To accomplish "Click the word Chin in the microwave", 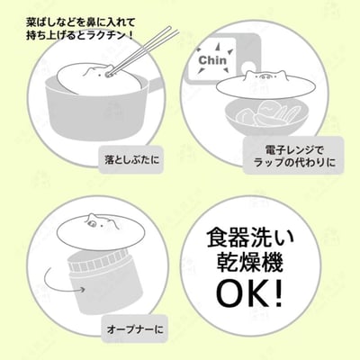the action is [x=212, y=60].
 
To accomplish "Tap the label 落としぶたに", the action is [x=132, y=160].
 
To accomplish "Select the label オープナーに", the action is [x=135, y=329].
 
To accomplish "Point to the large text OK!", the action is [x=249, y=292].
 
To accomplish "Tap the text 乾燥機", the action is [x=250, y=263].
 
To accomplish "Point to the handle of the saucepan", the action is [x=152, y=85].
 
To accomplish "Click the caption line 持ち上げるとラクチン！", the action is [x=80, y=36].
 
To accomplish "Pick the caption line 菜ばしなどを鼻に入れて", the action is [x=81, y=22].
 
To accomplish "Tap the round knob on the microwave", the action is [x=248, y=67].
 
